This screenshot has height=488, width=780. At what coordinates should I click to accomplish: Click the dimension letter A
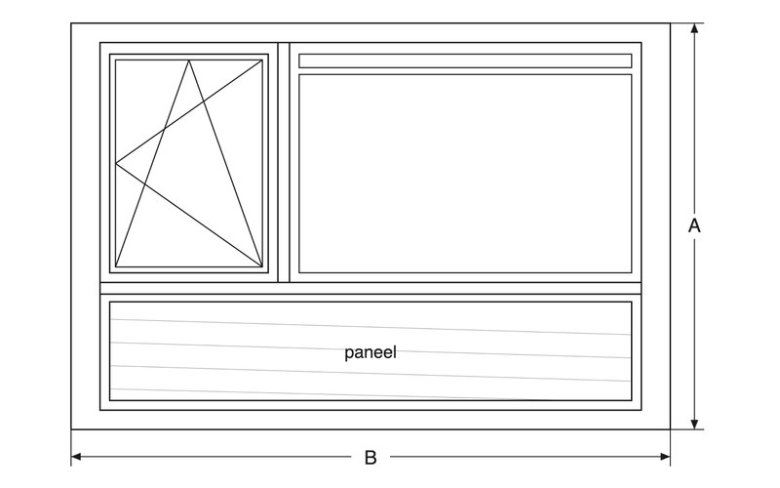pos(694,225)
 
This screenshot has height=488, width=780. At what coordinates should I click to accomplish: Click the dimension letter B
pos(370,457)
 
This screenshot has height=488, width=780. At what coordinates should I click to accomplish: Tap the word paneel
pos(370,352)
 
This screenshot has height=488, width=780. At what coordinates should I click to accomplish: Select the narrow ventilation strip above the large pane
pos(465,61)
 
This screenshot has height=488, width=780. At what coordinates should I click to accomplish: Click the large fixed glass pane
pos(465,174)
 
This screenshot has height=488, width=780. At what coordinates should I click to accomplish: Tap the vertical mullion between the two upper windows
pos(284,162)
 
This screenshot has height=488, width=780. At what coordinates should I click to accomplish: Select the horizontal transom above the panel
pos(370,288)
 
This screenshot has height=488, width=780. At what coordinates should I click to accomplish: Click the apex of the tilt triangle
pos(188,61)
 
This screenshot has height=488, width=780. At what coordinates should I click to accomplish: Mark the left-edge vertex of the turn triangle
pos(116,163)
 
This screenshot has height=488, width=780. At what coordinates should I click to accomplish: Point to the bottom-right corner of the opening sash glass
pos(262,266)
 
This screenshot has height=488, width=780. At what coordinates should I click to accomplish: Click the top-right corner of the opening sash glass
pos(262,61)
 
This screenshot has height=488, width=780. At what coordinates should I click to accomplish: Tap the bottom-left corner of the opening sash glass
pos(116,266)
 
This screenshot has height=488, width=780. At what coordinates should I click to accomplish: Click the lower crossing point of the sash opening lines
pos(144,183)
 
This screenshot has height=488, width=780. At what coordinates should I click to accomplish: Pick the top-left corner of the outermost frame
pos(71,22)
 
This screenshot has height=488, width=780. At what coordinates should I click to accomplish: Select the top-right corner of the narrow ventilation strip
pos(632,55)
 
